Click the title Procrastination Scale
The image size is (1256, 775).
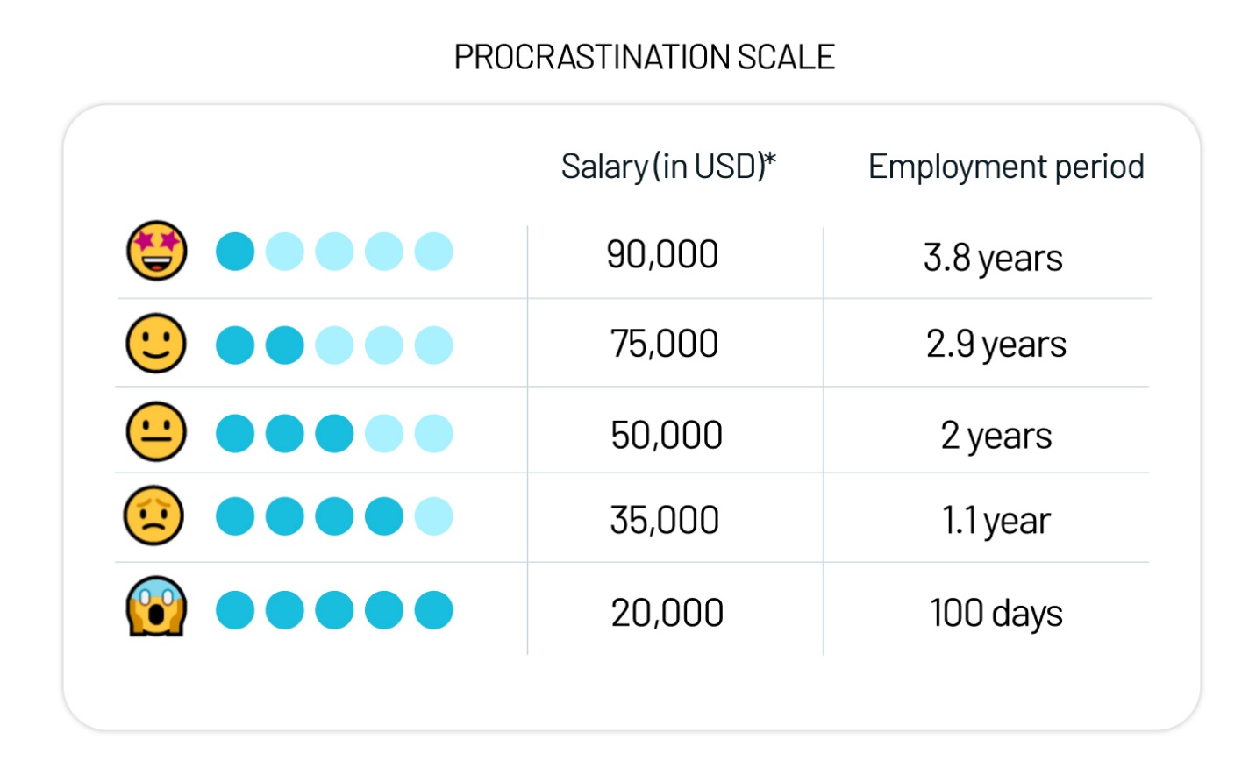(x=644, y=57)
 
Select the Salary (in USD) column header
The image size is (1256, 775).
(x=668, y=166)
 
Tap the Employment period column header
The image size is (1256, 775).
(x=1005, y=166)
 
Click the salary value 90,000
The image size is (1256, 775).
(x=662, y=255)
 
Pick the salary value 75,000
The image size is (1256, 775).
(x=664, y=344)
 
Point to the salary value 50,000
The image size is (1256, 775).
(x=666, y=435)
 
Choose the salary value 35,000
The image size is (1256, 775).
(x=664, y=520)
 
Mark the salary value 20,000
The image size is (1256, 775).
(x=667, y=613)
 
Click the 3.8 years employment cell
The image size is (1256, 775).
(x=992, y=259)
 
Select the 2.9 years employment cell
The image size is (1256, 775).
(x=996, y=345)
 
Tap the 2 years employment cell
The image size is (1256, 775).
(x=996, y=436)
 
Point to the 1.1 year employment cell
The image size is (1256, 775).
(x=996, y=522)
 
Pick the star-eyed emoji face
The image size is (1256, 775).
(x=157, y=251)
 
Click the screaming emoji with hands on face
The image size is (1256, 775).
(x=156, y=607)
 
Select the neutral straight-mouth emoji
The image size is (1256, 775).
(x=156, y=432)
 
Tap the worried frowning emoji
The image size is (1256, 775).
(x=154, y=516)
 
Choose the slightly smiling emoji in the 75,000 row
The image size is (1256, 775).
(x=156, y=343)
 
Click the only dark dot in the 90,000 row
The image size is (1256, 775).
(x=235, y=252)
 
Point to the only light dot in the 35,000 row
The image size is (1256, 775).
(x=433, y=516)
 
